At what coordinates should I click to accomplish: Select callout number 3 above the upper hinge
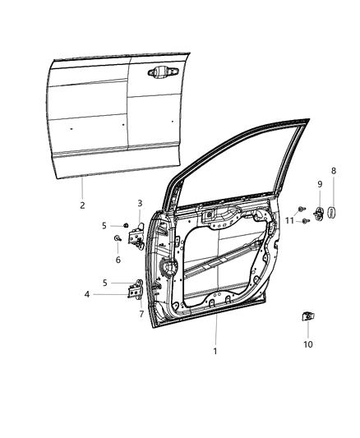140,203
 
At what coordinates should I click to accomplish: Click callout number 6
118,260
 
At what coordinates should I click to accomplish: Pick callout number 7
141,314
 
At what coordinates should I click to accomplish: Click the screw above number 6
118,240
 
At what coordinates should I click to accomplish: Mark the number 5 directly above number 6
104,224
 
